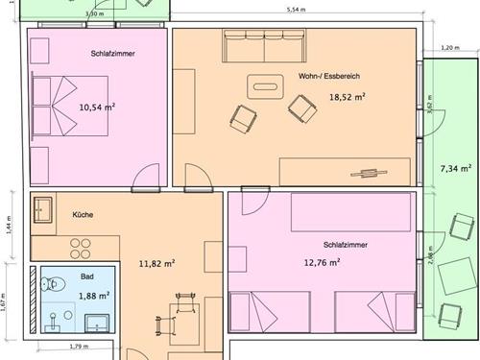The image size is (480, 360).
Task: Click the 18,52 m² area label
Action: tap(348, 97)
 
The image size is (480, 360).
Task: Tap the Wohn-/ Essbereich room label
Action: tap(329, 76)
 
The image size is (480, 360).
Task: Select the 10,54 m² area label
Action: tap(97, 107)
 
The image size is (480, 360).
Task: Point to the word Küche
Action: tap(83, 214)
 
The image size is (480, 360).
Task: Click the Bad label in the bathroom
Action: tap(87, 276)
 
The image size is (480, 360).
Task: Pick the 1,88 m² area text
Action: tap(94, 296)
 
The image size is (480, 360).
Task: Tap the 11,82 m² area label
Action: tap(156, 264)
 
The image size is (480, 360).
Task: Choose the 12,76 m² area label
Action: tap(322, 263)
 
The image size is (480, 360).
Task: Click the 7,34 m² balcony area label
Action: tap(456, 168)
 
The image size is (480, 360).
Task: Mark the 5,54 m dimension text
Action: tap(296, 10)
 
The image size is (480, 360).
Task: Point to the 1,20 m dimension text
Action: tap(450, 48)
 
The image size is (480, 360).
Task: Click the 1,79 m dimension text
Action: tap(79, 347)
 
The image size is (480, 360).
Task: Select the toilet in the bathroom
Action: tap(53, 283)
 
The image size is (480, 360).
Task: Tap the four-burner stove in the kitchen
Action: tap(81, 249)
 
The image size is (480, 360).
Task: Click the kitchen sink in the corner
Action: tap(43, 210)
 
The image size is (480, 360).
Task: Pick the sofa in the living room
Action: tap(264, 46)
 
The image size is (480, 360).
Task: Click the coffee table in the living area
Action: tap(265, 86)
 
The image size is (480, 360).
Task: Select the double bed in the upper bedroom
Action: tap(70, 106)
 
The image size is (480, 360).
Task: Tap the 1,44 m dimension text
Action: tap(10, 225)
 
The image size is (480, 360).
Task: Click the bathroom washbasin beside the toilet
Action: tap(97, 324)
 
